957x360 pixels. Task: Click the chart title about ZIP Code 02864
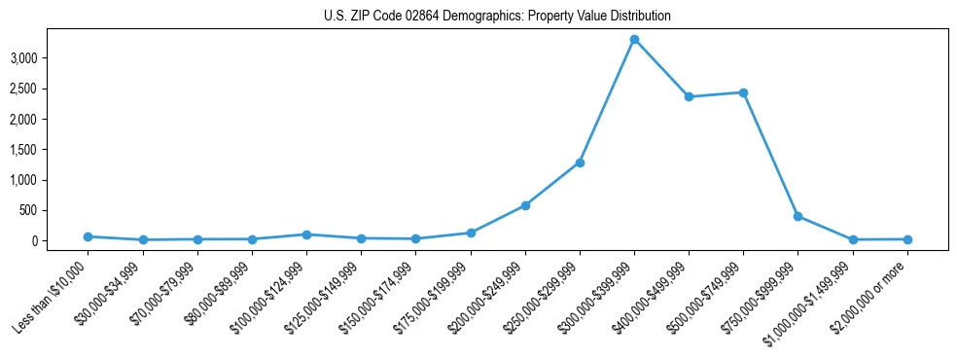(x=497, y=17)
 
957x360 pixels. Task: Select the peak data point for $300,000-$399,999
(x=634, y=40)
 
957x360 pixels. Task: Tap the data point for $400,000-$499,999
(x=689, y=96)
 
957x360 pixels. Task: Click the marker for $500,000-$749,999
(x=743, y=92)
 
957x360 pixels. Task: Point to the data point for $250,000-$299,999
(x=580, y=162)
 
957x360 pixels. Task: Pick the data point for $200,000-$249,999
(x=525, y=205)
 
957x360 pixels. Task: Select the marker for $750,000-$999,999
(x=797, y=216)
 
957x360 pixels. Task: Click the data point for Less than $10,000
(x=89, y=236)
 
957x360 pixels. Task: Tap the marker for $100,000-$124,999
(x=306, y=234)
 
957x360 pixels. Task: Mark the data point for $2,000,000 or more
(x=906, y=239)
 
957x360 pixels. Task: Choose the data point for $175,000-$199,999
(x=471, y=233)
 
